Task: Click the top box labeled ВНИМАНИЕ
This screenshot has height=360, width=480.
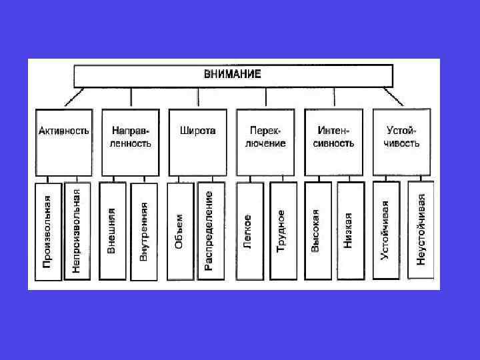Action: (233, 75)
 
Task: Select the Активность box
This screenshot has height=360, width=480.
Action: (63, 142)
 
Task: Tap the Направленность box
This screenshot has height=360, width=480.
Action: (131, 142)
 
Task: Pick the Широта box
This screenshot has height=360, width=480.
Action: (198, 142)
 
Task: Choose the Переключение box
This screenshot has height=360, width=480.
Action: (266, 142)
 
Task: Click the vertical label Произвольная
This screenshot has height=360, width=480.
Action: (47, 230)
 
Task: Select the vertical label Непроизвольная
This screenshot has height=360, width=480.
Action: (77, 230)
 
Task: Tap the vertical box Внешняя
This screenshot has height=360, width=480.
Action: (112, 230)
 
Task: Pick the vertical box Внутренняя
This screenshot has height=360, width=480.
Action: (144, 230)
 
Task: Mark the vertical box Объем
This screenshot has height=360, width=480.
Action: (179, 230)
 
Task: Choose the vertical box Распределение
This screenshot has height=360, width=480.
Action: (211, 230)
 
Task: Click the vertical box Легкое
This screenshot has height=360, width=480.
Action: (249, 230)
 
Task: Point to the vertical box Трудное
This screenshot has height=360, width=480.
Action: (282, 230)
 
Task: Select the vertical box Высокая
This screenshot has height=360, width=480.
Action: (316, 230)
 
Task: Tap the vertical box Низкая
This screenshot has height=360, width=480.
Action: (349, 230)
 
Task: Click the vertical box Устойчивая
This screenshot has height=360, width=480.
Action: (386, 230)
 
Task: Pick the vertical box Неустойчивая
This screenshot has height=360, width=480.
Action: (421, 230)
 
